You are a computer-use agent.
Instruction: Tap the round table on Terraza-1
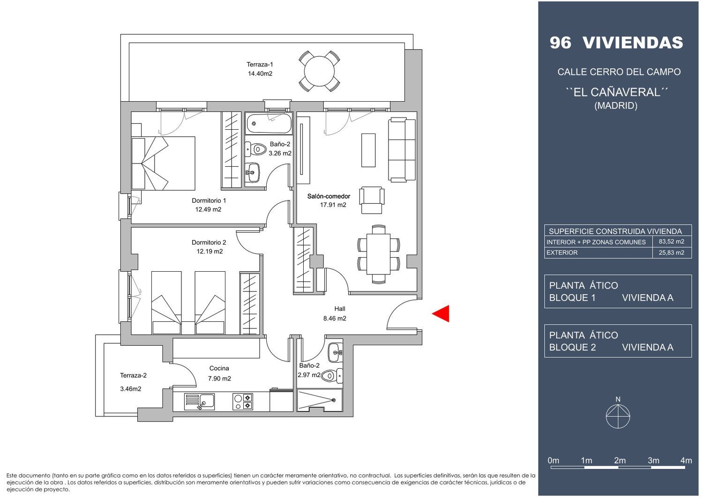coord(319,71)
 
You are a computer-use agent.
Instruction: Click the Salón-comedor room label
coord(329,196)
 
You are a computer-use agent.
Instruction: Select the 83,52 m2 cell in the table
coord(671,242)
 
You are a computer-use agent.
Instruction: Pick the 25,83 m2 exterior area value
coord(671,252)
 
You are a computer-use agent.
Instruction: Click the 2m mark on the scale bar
coord(620,460)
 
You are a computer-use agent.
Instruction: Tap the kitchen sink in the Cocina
coord(200,401)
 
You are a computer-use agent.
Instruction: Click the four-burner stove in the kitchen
coord(243,401)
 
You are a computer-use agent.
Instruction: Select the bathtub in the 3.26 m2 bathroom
coord(269,123)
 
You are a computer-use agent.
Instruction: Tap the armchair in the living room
coord(372,200)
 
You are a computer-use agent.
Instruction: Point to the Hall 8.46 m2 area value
coord(335,319)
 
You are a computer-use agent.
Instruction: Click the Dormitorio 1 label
coord(209,200)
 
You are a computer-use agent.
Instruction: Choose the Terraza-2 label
coord(133,376)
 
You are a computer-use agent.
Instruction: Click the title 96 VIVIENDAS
coord(616,43)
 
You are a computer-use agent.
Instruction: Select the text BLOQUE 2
coord(572,348)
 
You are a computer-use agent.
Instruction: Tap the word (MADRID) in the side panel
coord(616,105)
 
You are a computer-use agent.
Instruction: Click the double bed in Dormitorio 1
coord(163,163)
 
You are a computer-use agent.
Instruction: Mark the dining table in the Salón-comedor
coord(379,254)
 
